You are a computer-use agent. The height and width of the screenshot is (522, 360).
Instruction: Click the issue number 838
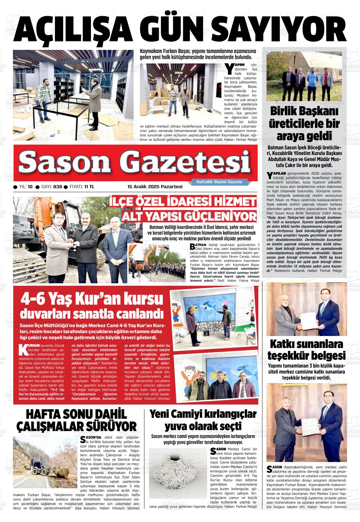click(x=57, y=187)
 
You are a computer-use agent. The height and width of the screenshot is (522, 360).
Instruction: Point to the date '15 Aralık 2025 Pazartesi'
click(x=155, y=187)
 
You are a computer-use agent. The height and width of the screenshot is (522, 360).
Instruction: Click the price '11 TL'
click(x=89, y=187)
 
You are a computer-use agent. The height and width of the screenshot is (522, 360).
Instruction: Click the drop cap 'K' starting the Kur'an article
click(x=23, y=349)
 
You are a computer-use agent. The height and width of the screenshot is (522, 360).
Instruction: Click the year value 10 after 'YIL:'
click(x=30, y=187)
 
